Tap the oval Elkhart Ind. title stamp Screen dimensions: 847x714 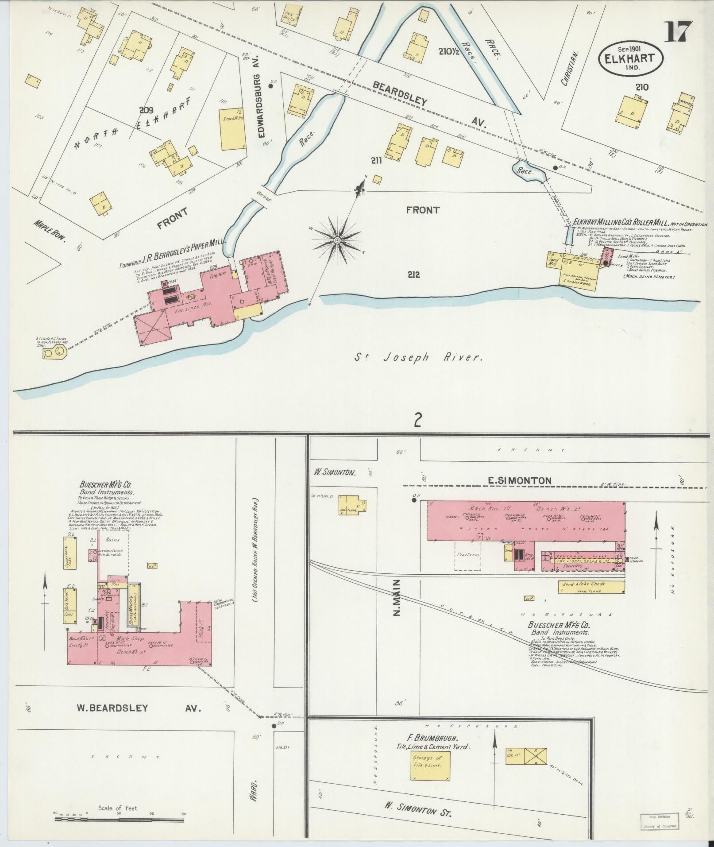[x=630, y=59]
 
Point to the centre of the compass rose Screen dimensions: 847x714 [x=337, y=240]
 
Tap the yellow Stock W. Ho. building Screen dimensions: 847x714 [x=233, y=128]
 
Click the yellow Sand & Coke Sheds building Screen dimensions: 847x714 [x=591, y=587]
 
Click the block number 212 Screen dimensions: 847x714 [x=415, y=275]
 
